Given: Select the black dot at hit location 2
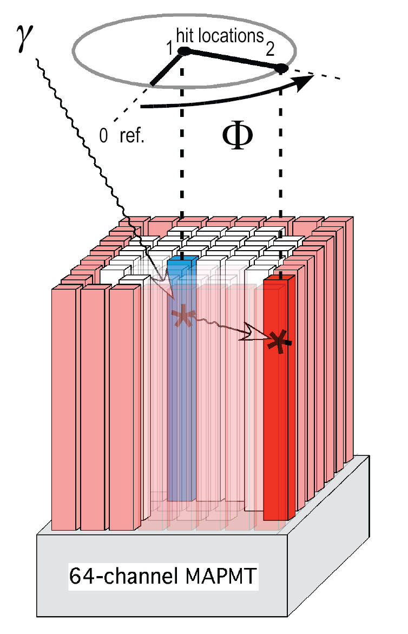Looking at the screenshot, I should [281, 69].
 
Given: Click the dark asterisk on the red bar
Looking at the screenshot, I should [280, 341].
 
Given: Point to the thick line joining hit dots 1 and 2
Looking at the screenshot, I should [233, 60].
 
